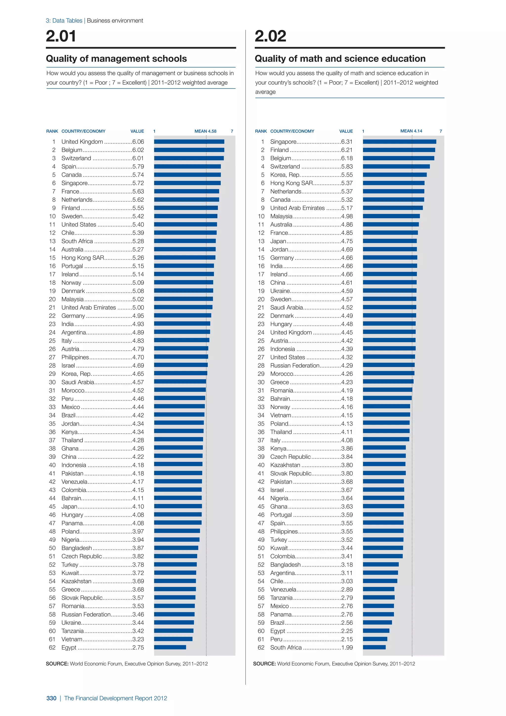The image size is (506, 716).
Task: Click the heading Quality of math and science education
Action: [340, 59]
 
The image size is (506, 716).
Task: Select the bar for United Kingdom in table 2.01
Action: [189, 142]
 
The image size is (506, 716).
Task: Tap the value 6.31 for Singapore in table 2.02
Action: [347, 142]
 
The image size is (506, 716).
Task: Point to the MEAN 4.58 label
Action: [205, 131]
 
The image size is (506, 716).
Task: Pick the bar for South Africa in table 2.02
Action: [374, 648]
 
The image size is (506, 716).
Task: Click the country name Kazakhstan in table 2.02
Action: [285, 465]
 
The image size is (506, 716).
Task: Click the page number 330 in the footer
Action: [51, 698]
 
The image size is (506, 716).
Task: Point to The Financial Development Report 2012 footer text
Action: [116, 698]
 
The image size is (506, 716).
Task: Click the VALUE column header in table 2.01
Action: [137, 131]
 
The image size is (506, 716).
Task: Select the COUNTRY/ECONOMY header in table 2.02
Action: [292, 131]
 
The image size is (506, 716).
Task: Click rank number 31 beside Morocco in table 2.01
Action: [52, 390]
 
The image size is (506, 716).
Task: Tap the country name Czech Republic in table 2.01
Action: [82, 556]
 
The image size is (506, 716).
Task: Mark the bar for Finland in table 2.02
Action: [399, 150]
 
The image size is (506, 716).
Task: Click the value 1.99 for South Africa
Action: [347, 648]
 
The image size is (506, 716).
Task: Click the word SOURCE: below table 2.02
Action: [264, 664]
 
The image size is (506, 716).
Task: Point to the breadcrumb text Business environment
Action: [115, 21]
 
